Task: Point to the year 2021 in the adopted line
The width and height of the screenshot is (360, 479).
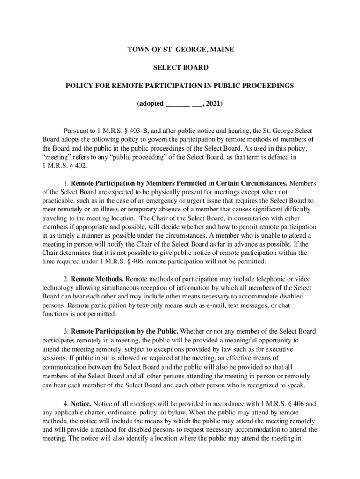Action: tap(214, 104)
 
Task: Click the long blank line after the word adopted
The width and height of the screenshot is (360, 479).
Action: tap(177, 105)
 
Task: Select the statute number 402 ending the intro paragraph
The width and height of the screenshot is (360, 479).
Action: tap(81, 166)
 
